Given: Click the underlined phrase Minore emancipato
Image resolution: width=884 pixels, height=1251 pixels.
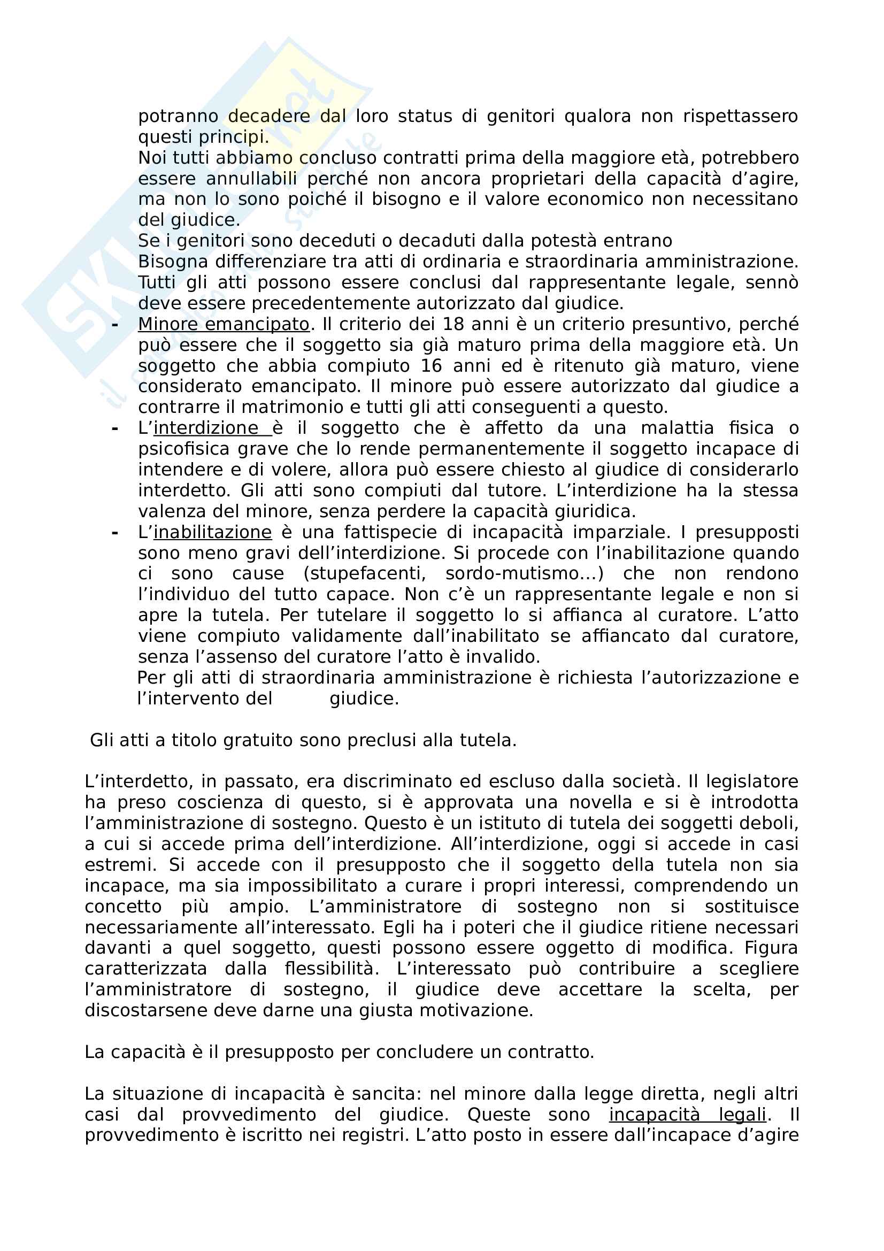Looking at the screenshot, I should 224,324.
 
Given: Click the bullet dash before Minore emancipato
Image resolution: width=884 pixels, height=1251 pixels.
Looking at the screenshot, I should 114,325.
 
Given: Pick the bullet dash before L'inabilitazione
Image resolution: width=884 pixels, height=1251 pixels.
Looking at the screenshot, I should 114,532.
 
